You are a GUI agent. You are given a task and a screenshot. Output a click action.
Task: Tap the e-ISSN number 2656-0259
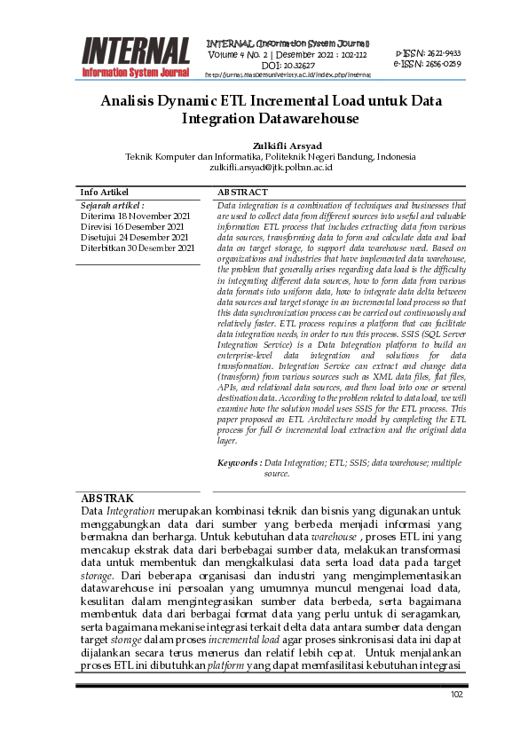point(440,64)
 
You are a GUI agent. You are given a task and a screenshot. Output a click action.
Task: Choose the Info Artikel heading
point(104,193)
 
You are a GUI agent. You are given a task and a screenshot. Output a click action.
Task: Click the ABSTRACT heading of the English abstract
point(242,193)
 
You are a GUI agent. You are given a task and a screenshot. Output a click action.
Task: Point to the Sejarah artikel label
point(112,205)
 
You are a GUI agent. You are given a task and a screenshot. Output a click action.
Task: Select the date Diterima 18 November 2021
point(135,216)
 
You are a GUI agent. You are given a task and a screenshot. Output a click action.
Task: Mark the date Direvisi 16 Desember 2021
point(132,226)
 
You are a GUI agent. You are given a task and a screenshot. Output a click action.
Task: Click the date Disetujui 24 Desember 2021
point(134,237)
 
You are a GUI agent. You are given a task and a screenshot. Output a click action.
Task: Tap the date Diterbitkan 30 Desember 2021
point(138,248)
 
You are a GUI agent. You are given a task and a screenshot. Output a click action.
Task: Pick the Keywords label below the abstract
point(239,463)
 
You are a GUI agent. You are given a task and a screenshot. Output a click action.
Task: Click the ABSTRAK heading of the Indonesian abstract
point(106,499)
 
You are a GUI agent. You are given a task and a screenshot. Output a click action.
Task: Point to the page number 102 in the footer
point(457,695)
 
